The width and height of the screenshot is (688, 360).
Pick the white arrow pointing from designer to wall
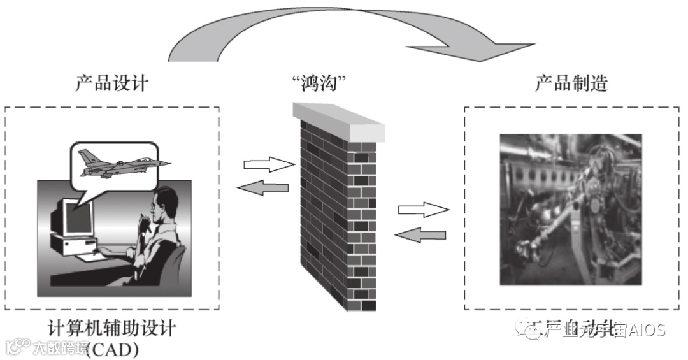(266, 165)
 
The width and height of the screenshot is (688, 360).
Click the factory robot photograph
(570, 208)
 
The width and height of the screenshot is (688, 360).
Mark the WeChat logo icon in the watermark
(527, 329)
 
